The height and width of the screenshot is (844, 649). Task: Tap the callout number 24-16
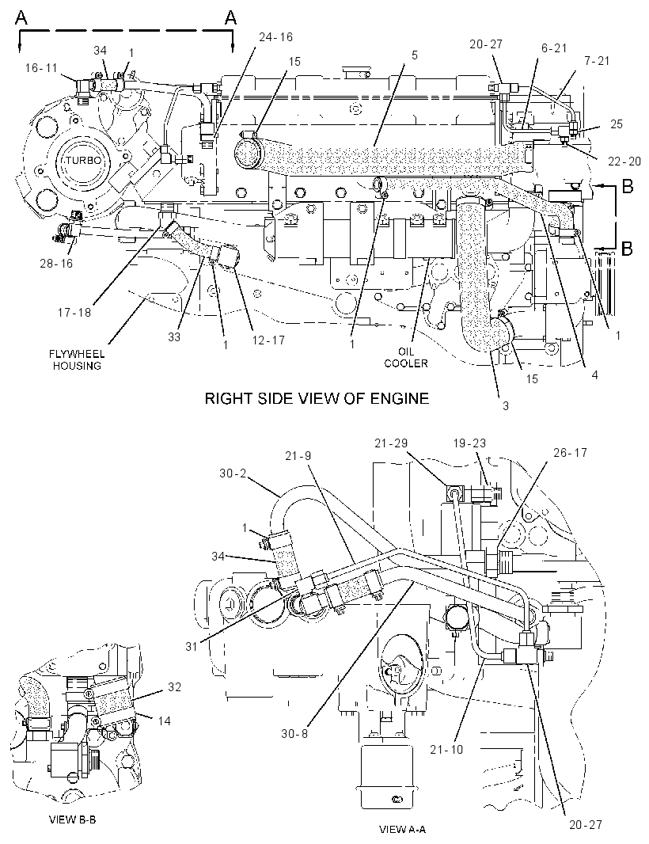point(275,36)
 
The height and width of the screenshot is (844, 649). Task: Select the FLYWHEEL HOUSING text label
point(77,360)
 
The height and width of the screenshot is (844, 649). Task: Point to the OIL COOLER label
point(406,357)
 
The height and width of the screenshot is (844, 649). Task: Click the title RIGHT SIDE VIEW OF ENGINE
point(317,398)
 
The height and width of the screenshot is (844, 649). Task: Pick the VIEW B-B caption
point(73,819)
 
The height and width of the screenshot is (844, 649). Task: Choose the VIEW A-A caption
point(403,830)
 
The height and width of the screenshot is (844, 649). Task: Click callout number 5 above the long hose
point(415,55)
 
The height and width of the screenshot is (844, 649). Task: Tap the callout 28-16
point(56,263)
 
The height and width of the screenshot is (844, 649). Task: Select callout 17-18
point(75,312)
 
